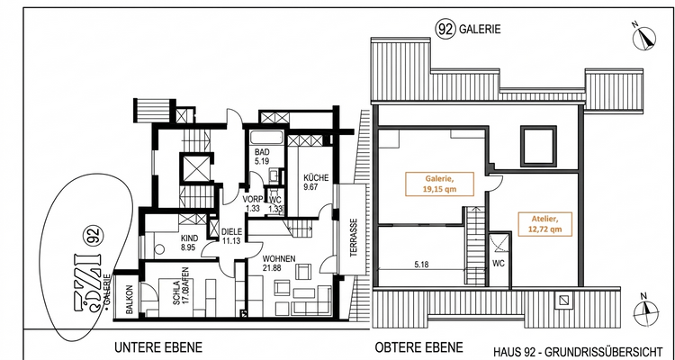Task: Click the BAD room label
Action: [262, 154]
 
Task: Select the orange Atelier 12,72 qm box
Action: [543, 223]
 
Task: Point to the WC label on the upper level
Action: [498, 264]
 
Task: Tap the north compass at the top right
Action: [645, 38]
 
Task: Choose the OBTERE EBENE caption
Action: [419, 347]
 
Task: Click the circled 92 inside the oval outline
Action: [91, 237]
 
